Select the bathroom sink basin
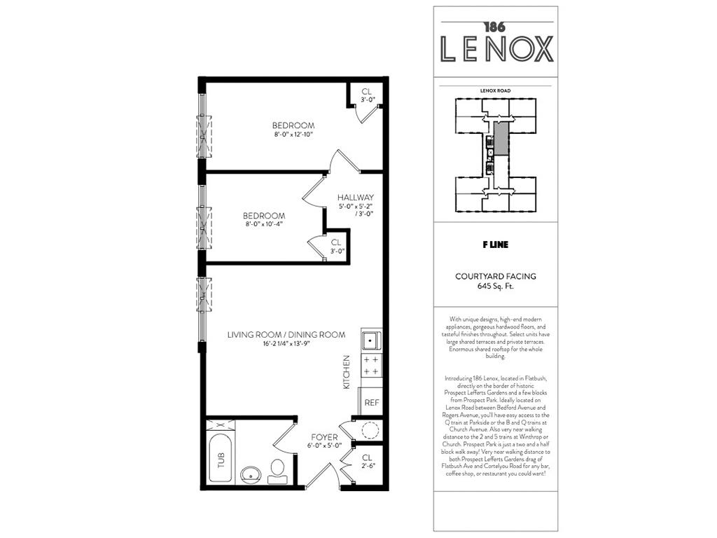click(x=251, y=475)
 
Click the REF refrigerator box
click(x=371, y=403)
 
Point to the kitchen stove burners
click(x=371, y=365)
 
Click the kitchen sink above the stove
click(x=371, y=340)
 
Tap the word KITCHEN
click(x=346, y=372)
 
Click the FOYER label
click(x=323, y=436)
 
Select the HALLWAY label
click(x=356, y=198)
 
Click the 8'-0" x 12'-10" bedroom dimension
click(x=293, y=134)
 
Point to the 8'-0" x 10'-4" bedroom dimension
click(x=264, y=225)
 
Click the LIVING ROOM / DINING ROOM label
click(x=286, y=335)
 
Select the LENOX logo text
click(x=496, y=48)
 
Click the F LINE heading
click(x=495, y=245)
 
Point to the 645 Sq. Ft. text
click(x=496, y=286)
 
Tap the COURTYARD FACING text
click(x=496, y=276)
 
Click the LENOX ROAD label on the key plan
click(x=495, y=91)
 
